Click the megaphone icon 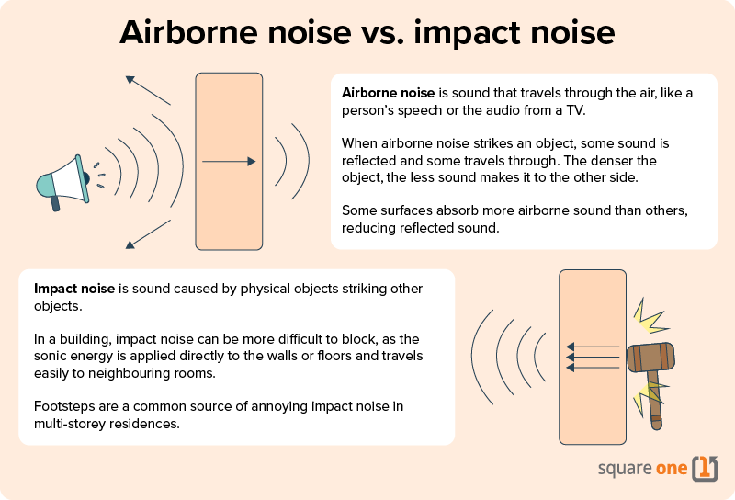point(62,184)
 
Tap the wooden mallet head point(650,358)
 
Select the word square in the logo point(624,469)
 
